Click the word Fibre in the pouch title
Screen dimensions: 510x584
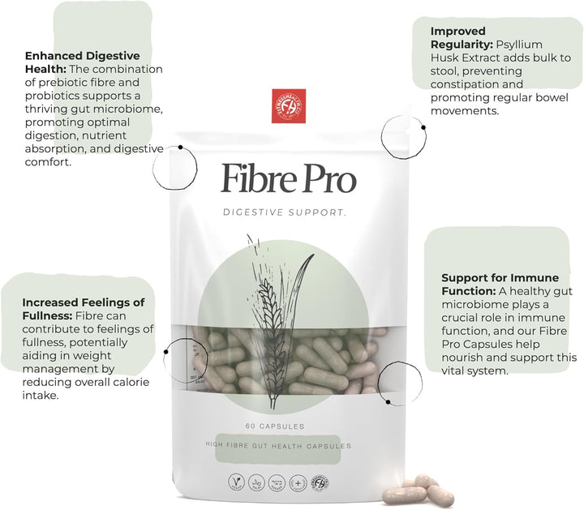(257, 178)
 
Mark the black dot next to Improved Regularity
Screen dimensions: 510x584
(423, 127)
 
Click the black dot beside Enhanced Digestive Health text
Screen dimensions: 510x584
(179, 149)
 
